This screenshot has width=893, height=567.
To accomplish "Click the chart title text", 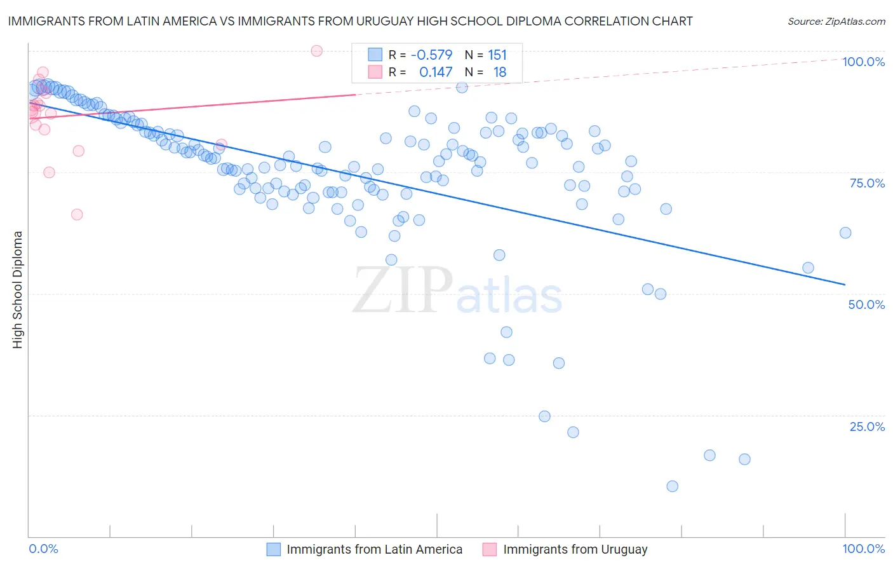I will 350,21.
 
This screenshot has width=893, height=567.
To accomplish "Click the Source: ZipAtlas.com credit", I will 836,21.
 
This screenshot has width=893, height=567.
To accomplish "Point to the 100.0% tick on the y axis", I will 863,62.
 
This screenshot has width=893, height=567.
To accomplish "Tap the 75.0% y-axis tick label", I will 867,183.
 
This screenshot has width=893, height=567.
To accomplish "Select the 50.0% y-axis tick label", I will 866,304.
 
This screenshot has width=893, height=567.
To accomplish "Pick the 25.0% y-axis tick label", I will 867,426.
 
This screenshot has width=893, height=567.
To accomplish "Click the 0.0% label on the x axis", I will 43,549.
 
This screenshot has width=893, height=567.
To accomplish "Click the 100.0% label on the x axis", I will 863,549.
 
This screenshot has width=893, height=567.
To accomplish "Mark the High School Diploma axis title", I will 18,289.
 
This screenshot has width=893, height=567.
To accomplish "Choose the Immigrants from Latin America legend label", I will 374,549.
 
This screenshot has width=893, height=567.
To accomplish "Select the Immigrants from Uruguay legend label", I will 575,549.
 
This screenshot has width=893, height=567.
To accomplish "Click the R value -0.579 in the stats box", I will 431,55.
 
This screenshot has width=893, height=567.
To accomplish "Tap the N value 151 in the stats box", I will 497,55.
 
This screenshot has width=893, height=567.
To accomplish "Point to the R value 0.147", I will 436,72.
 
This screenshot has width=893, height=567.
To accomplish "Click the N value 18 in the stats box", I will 500,72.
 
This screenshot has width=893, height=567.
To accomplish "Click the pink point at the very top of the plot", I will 317,51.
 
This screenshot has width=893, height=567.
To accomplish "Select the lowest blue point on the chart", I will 672,486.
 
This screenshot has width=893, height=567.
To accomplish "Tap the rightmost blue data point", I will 845,233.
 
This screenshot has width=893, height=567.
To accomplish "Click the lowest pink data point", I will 77,214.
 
